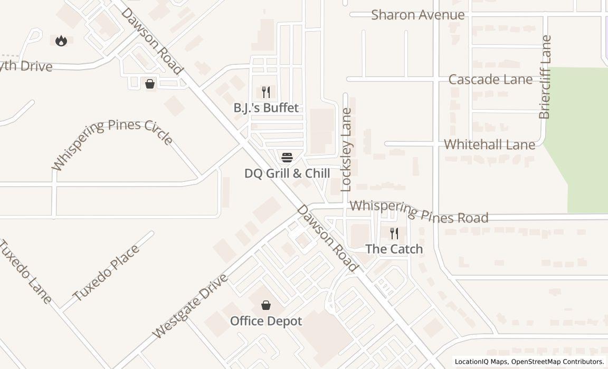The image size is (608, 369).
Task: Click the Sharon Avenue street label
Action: [417, 15]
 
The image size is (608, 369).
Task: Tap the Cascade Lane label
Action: [490, 80]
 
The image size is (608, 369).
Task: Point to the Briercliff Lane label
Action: [545, 77]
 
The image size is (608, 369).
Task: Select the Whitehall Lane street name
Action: [489, 144]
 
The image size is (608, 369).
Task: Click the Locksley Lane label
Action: [346, 149]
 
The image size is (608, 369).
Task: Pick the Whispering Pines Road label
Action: [419, 211]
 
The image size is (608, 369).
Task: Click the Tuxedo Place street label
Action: [106, 272]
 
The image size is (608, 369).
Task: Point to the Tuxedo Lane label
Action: [25, 271]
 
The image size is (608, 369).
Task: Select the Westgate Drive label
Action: [189, 306]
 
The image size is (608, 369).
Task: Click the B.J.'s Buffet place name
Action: [266, 108]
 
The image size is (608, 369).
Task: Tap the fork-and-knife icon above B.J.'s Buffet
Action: [266, 93]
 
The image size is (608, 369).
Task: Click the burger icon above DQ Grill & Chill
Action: [287, 157]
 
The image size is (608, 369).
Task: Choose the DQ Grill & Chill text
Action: [287, 173]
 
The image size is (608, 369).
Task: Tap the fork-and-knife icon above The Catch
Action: [394, 234]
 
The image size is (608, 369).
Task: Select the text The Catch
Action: [394, 249]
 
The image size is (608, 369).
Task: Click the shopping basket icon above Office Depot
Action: [266, 305]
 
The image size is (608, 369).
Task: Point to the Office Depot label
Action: [266, 321]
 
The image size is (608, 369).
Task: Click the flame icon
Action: [61, 41]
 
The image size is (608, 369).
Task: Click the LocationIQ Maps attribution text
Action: [481, 362]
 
